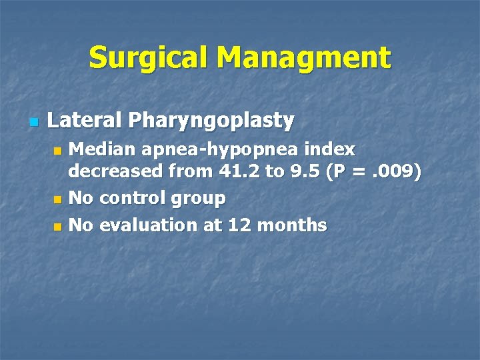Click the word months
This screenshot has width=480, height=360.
[292, 225]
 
